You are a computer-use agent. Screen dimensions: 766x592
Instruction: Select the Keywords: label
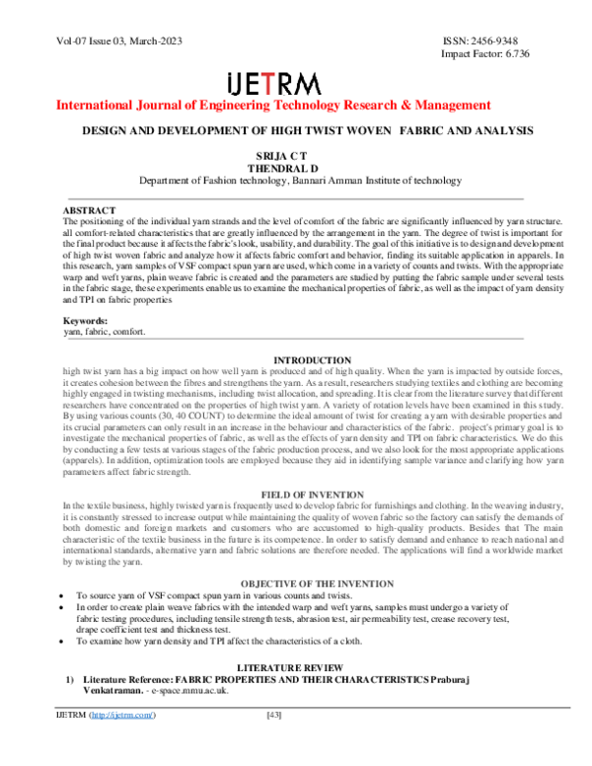coord(87,322)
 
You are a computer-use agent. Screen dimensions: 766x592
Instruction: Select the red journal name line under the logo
coord(273,104)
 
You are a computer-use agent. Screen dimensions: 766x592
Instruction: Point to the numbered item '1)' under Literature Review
coord(70,681)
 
